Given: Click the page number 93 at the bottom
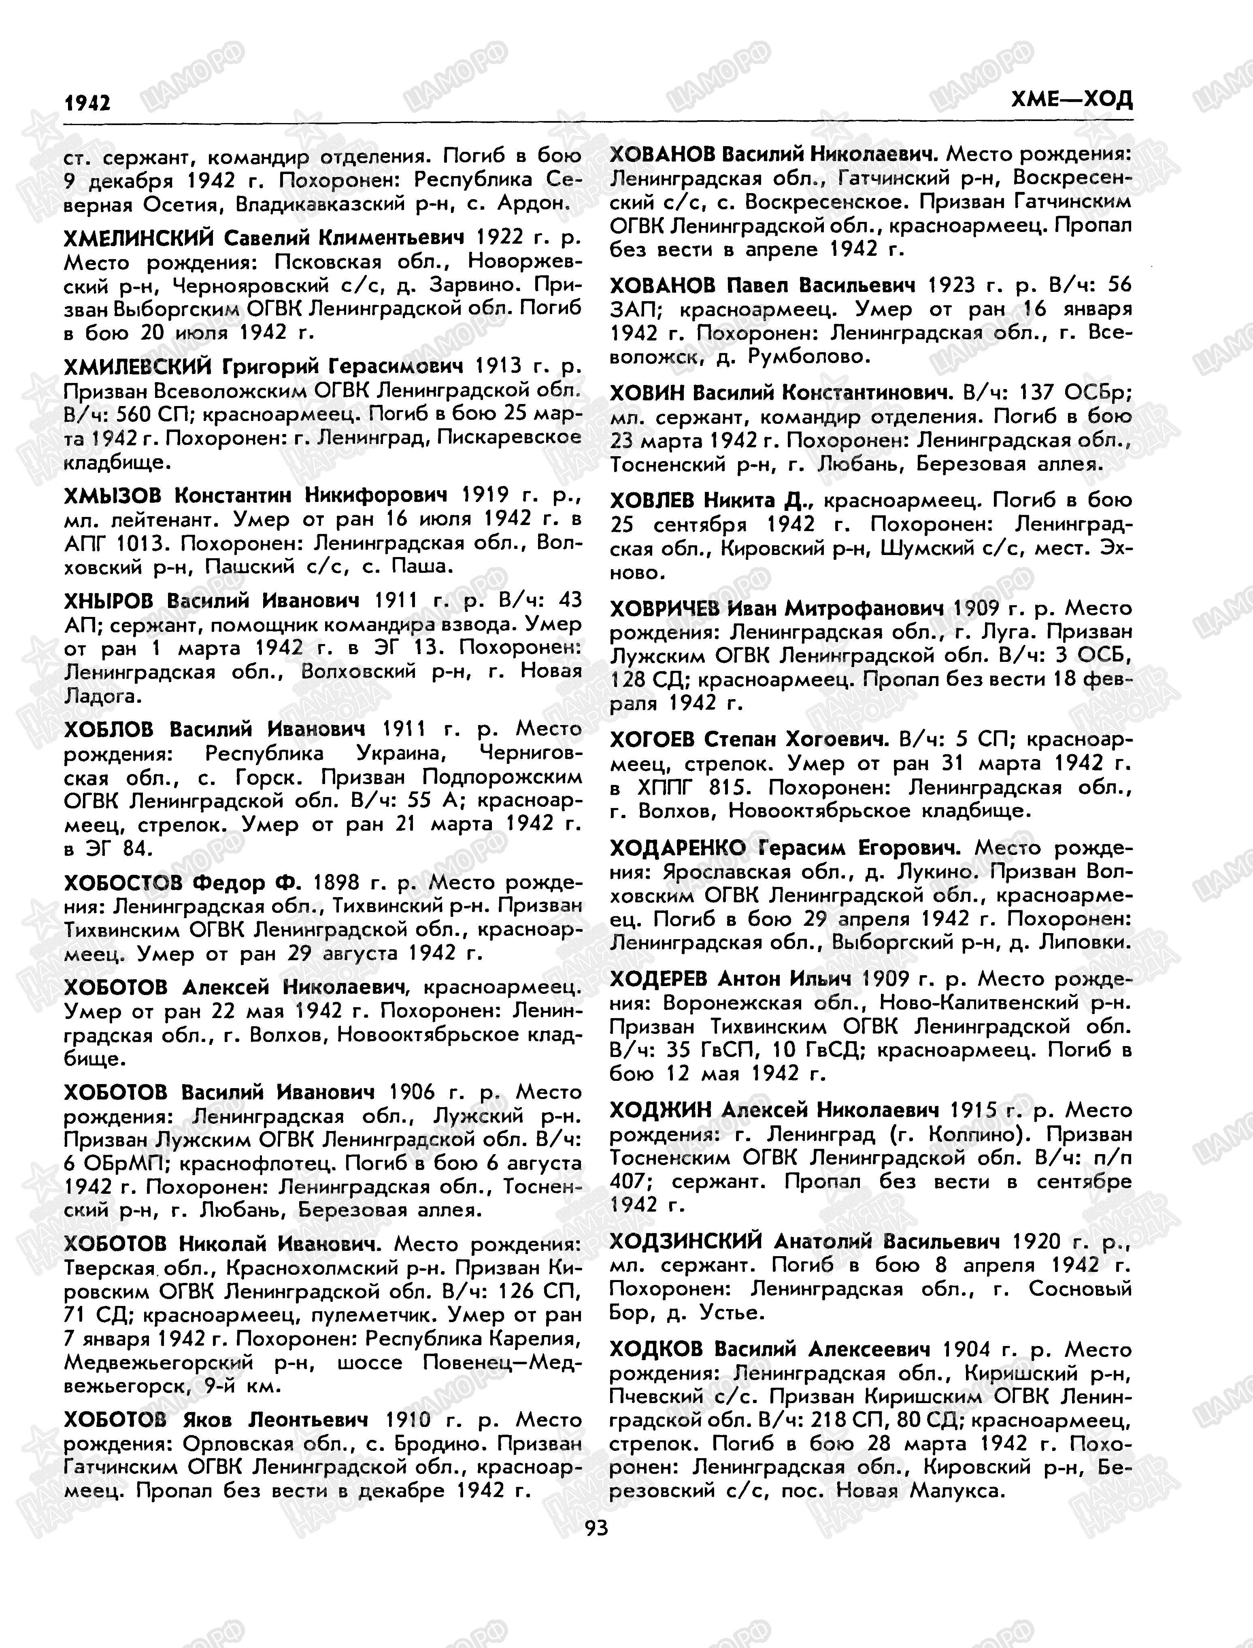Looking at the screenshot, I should [x=597, y=1528].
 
